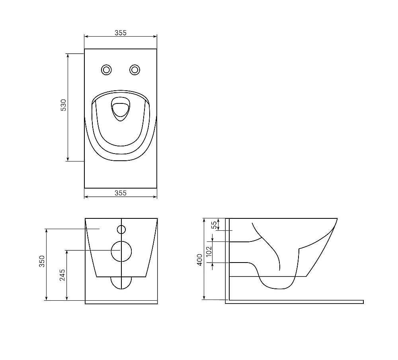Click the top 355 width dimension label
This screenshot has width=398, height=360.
click(x=121, y=33)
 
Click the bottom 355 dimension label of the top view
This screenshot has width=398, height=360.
click(x=121, y=193)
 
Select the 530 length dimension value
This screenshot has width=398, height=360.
click(x=63, y=105)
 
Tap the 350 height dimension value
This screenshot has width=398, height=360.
click(x=42, y=261)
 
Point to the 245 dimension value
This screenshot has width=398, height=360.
click(x=62, y=275)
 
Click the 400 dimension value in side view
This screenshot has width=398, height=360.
click(x=200, y=260)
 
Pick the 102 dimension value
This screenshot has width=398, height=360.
click(x=209, y=252)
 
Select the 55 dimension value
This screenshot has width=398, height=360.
click(x=215, y=225)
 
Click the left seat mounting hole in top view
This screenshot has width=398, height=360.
click(x=106, y=70)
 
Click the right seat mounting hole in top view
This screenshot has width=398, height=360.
click(x=135, y=70)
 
